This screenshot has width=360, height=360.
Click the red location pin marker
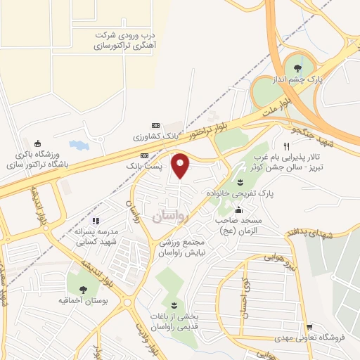pos(181,166)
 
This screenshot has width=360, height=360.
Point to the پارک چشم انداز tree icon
pos(298,67)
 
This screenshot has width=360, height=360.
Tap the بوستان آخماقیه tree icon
pos(84,289)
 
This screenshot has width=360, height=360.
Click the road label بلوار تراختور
pos(186,131)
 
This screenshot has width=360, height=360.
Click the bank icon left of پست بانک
pos(144,155)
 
